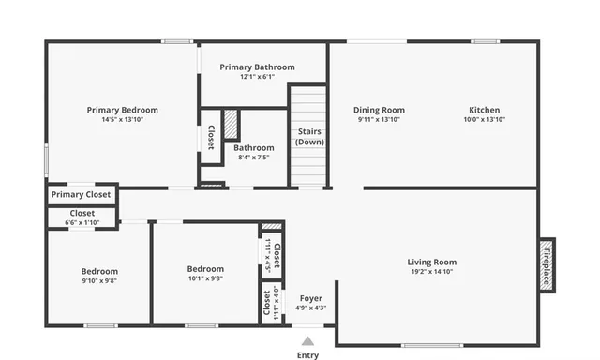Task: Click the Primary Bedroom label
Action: point(123,110)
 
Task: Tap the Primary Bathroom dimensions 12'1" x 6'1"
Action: point(257,77)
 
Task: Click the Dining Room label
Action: point(380,110)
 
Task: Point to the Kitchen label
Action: point(485,110)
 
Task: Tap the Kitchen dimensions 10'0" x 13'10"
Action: point(485,120)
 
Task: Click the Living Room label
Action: point(431,262)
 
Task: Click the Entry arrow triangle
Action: point(307,341)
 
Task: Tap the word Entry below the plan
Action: point(307,355)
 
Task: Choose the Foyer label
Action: point(310,297)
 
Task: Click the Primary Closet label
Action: point(81,195)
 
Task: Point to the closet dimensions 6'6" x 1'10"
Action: point(81,221)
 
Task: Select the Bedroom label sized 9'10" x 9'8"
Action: point(99,270)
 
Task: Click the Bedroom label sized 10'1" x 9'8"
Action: point(205,269)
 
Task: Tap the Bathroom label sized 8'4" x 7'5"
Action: point(254,148)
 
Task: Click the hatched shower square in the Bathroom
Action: point(232,125)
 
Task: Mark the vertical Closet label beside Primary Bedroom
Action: point(211,137)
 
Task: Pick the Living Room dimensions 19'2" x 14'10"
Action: point(431,272)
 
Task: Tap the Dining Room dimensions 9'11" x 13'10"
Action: point(380,120)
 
